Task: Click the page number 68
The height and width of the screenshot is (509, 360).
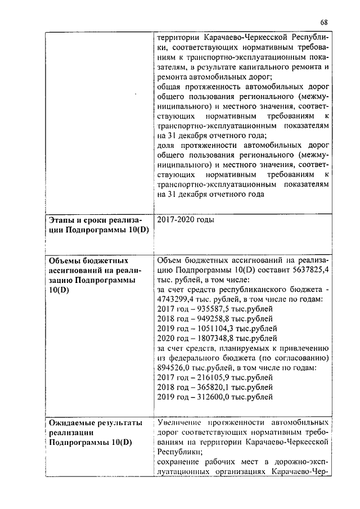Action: click(324, 22)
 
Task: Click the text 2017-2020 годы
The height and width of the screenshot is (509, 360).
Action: click(186, 220)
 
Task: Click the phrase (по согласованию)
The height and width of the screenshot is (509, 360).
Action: click(291, 358)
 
